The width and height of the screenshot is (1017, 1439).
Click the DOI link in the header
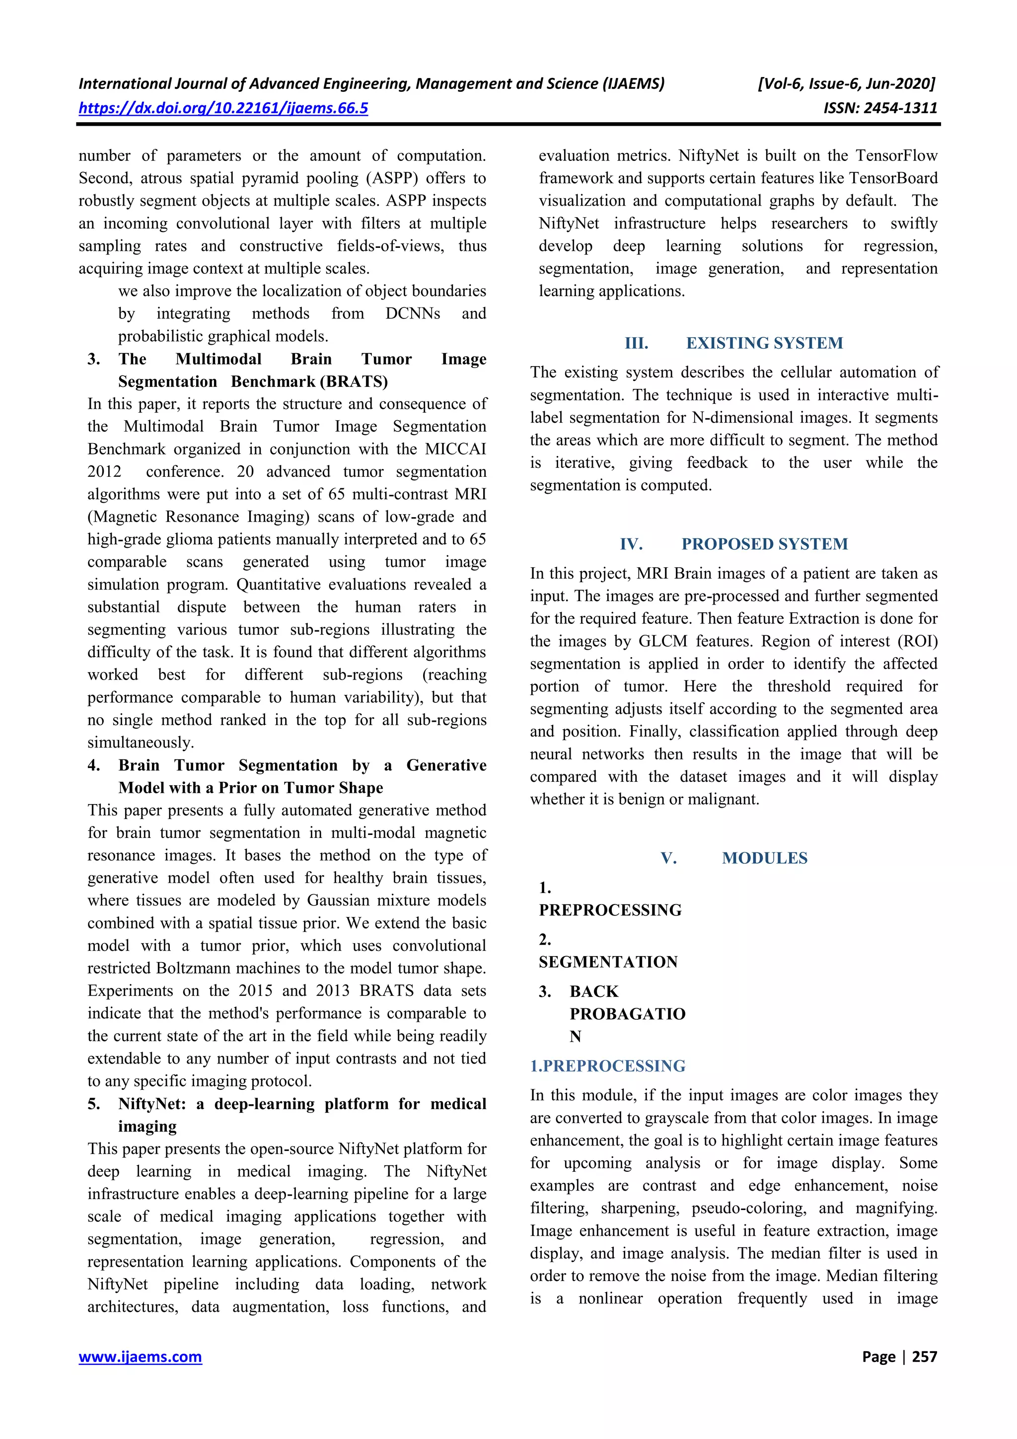point(223,108)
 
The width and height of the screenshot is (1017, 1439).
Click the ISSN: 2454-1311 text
point(880,108)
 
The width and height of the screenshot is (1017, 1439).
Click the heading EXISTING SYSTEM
point(764,343)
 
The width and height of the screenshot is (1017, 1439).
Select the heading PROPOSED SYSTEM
point(764,544)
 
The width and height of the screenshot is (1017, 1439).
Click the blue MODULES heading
point(764,858)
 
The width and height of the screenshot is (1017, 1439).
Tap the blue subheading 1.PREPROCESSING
point(607,1065)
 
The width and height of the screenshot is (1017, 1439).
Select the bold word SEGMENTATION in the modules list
point(608,962)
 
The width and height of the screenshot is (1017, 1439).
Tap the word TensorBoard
point(893,178)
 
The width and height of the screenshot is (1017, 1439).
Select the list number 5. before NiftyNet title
point(94,1104)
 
